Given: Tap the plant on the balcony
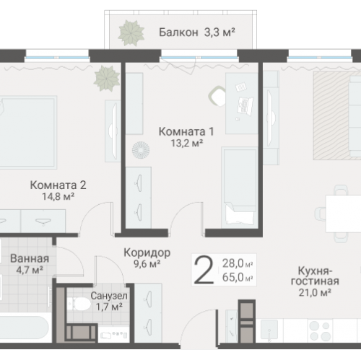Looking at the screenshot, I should coord(130,32).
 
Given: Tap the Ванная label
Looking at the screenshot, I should coord(30,259).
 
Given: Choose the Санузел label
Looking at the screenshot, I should coord(110,295).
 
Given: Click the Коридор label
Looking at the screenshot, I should coord(147,253).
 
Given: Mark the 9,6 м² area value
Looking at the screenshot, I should coord(147,264).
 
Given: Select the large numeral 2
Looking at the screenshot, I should coord(205,271).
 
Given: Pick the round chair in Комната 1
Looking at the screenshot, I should coord(218,95).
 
